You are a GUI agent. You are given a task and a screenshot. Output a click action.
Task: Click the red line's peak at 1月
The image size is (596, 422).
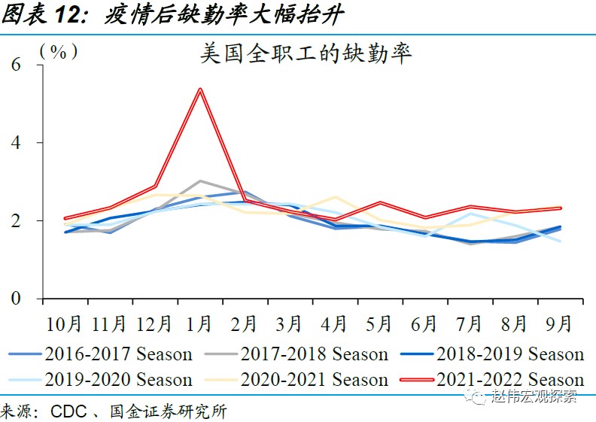point(200,89)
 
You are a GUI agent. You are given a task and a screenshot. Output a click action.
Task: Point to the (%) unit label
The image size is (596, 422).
point(59,51)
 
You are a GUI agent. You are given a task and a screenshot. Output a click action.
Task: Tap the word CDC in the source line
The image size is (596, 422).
point(70,411)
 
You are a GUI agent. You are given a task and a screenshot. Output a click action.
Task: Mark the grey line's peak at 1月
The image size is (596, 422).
point(200,181)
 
